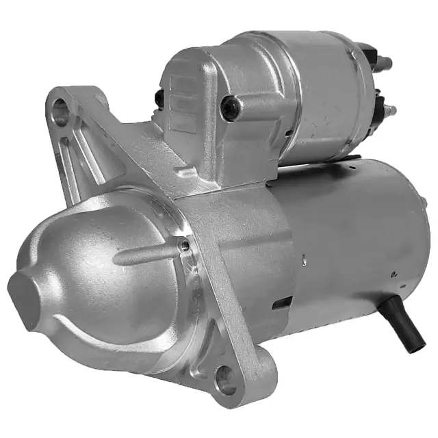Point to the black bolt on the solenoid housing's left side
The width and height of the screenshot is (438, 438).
[159, 99]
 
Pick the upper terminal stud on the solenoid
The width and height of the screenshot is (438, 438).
[386, 63]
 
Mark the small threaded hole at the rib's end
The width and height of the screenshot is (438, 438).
[183, 244]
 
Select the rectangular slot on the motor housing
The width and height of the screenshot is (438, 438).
[281, 303]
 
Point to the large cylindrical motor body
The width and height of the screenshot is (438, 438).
[356, 233]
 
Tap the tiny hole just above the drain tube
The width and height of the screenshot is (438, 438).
[394, 276]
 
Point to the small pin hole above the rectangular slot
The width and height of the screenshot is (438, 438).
[302, 259]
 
